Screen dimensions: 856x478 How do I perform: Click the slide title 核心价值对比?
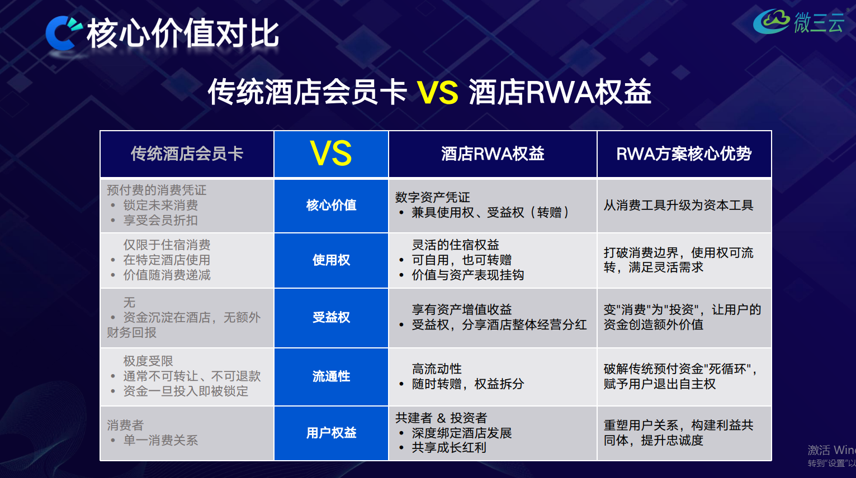[x=183, y=34]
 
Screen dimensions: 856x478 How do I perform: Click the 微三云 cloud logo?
[x=798, y=22]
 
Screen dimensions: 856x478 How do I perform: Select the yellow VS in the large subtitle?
[x=437, y=92]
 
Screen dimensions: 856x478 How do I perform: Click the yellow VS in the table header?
[x=331, y=154]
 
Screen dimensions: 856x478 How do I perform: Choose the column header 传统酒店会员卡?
[x=187, y=154]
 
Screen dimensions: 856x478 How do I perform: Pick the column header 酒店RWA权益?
[x=493, y=154]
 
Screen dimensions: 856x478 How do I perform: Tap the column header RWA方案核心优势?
[x=684, y=154]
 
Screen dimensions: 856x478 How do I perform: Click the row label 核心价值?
[x=331, y=205]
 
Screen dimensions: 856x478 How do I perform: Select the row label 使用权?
[x=331, y=260]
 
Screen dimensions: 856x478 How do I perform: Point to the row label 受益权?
[x=331, y=317]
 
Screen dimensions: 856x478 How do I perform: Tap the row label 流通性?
[x=331, y=376]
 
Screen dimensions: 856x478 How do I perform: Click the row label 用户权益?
[x=331, y=433]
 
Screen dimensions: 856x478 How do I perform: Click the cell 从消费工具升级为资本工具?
[x=678, y=205]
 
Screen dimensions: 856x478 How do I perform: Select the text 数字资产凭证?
[x=433, y=197]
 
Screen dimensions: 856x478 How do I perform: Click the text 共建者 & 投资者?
[x=441, y=418]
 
